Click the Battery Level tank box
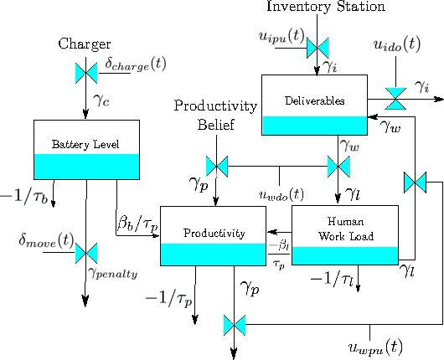tap(85, 150)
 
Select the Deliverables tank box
tap(315, 105)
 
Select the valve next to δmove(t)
tap(85, 252)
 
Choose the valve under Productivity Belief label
tap(217, 166)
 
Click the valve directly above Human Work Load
tap(339, 166)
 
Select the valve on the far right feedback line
tap(415, 181)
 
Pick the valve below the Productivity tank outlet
tap(235, 322)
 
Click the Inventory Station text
tap(326, 8)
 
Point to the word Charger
tap(84, 43)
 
